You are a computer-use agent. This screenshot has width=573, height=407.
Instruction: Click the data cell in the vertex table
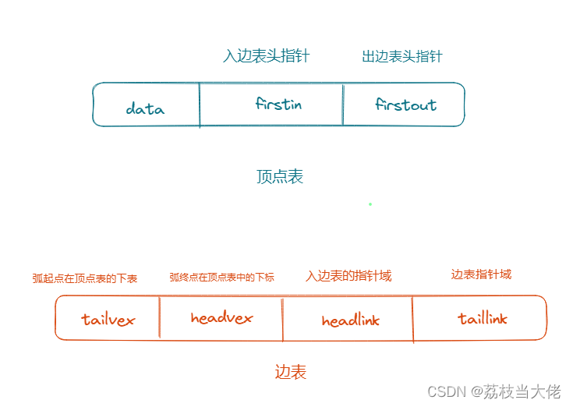146,108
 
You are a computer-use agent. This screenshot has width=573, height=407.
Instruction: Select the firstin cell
278,104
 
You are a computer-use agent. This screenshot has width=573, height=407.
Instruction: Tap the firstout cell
405,104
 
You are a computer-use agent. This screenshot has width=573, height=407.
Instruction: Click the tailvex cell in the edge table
108,319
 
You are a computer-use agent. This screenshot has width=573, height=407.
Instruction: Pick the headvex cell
221,317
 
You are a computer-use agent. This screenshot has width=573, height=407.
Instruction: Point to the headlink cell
350,320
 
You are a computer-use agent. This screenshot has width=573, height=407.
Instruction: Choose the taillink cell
483,318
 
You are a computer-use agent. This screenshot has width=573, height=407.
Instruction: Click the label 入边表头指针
266,56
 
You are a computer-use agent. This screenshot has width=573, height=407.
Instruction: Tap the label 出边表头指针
401,56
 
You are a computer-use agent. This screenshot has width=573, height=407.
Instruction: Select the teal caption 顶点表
280,177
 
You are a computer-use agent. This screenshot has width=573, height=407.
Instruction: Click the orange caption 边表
291,372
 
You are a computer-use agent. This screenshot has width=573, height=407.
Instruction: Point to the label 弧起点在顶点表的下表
84,278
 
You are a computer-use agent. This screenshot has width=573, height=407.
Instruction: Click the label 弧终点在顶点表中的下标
221,277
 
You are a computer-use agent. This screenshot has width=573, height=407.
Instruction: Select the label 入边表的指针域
348,276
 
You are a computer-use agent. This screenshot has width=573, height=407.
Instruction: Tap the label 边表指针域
481,274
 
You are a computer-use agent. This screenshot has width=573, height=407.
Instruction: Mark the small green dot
370,204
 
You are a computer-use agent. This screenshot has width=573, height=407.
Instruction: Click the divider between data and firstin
200,104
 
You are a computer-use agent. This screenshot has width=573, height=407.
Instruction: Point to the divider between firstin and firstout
343,104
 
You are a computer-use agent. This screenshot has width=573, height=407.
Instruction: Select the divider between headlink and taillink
413,318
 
